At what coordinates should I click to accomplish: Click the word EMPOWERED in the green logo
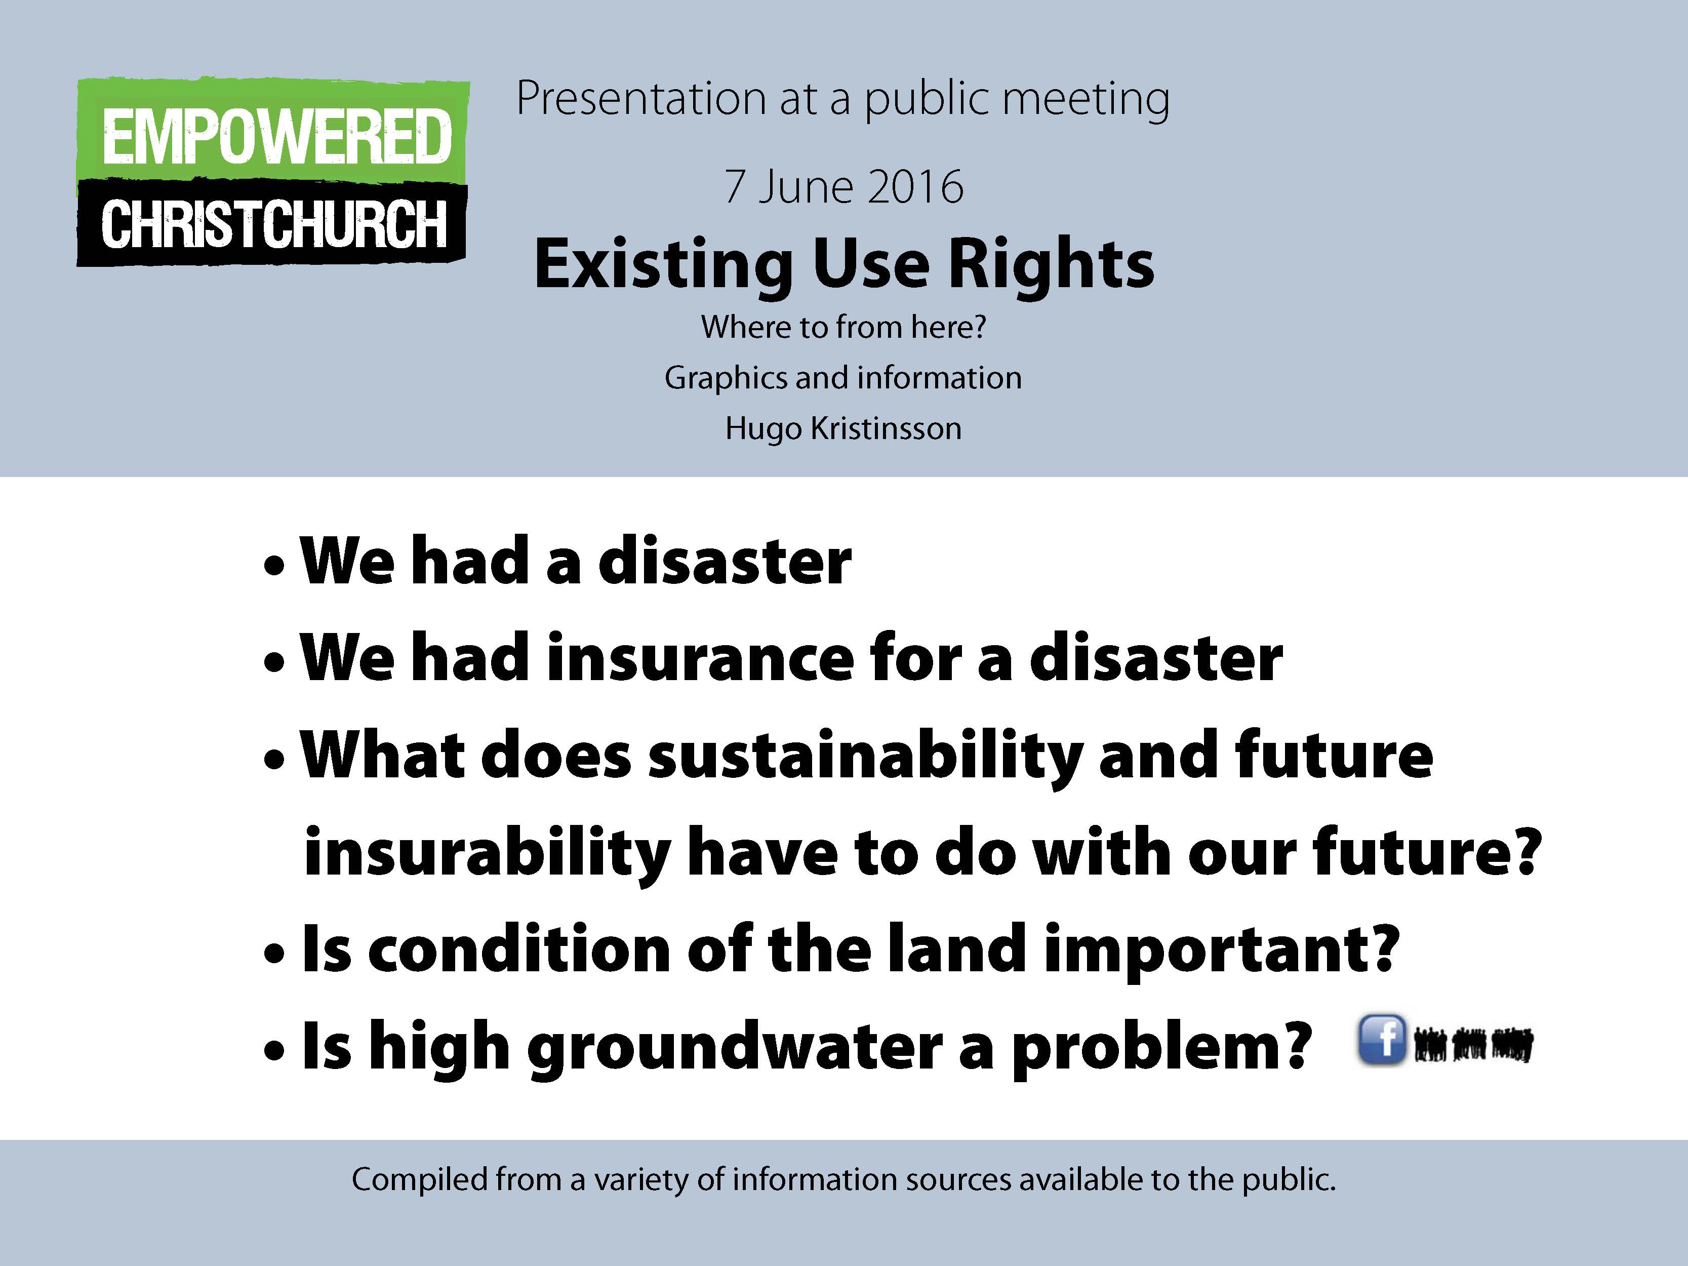click(276, 137)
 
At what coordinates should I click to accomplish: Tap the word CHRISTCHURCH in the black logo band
click(274, 224)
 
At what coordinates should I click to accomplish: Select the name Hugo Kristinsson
click(843, 429)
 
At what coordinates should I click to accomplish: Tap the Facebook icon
click(1381, 1040)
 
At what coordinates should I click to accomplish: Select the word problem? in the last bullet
click(1161, 1048)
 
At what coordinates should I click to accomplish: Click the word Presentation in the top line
click(641, 99)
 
